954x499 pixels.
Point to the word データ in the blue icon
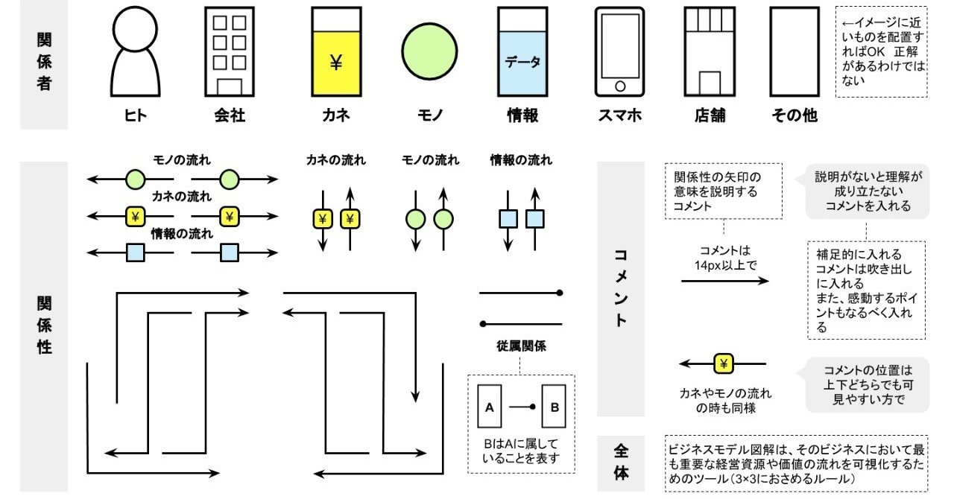pos(522,63)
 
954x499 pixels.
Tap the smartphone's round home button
pos(619,86)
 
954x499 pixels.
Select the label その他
pos(794,115)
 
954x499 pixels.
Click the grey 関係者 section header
pos(43,63)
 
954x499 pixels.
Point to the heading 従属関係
pos(520,346)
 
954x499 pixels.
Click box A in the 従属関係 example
pos(489,407)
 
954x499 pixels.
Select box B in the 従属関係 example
pos(554,407)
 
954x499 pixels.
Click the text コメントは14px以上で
pos(724,257)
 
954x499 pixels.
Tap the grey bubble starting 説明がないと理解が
pos(868,191)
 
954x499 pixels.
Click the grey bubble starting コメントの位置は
pos(868,384)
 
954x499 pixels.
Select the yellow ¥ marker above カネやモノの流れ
pos(724,363)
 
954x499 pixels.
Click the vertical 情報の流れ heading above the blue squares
pos(521,160)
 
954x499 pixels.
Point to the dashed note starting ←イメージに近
pos(882,51)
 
